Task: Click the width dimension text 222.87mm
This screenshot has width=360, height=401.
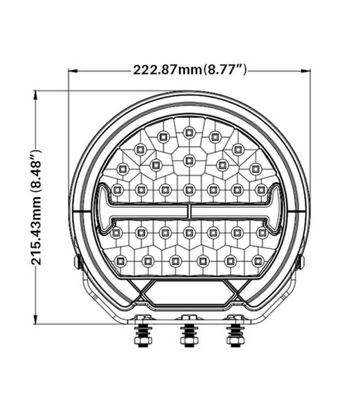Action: click(x=168, y=70)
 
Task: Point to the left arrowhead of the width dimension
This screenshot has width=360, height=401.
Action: click(x=73, y=71)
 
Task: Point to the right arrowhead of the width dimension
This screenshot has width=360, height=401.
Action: click(x=306, y=71)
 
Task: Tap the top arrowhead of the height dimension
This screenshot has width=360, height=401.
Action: click(x=36, y=96)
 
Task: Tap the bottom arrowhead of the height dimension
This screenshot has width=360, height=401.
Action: click(x=36, y=319)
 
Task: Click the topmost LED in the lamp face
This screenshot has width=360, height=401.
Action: click(x=189, y=132)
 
